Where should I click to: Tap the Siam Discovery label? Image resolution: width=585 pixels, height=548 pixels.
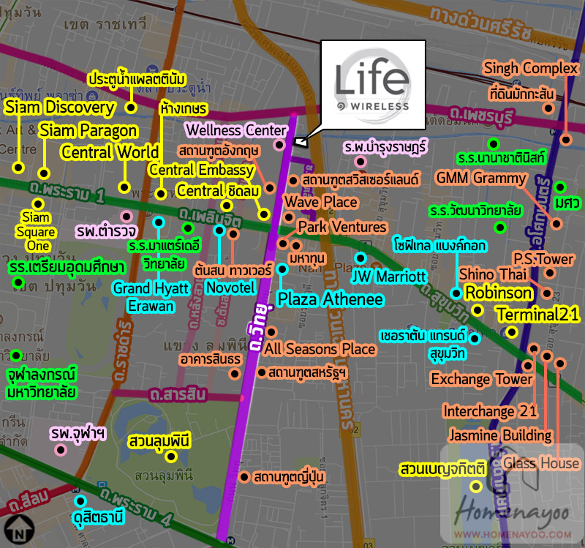60,108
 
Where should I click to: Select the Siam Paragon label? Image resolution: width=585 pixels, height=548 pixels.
88,131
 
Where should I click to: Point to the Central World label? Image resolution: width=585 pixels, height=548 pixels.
110,152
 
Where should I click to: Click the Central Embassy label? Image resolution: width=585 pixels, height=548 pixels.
201,170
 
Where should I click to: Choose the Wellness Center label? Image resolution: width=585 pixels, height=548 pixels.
235,130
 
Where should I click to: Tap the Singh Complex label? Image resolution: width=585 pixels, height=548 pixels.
531,70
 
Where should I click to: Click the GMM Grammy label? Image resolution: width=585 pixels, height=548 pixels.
480,179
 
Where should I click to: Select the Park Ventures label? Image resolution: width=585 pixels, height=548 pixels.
341,227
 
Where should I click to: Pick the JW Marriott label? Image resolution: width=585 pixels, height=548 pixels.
388,277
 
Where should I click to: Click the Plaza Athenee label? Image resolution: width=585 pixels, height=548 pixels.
330,299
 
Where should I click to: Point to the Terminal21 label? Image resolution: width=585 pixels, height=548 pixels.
537,315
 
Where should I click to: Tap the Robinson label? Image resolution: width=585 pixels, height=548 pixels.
499,293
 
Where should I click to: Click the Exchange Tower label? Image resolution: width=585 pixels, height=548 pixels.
481,379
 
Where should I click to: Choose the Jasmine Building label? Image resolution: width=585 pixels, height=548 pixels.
500,435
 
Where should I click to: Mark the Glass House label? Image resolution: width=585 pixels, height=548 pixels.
540,462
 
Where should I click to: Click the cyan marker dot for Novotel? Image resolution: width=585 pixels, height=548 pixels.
219,230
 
